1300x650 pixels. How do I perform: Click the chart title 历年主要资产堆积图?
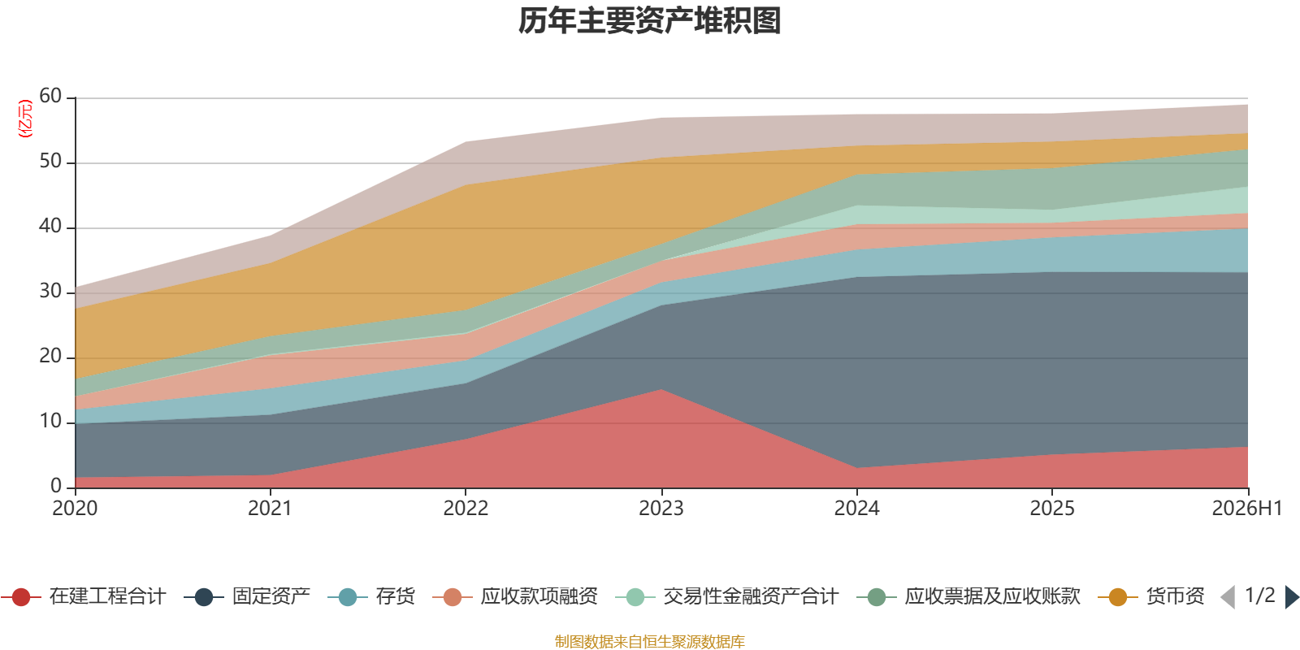pos(649,21)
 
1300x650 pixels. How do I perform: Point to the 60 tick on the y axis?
pos(50,96)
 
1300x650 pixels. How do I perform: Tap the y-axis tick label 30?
pos(50,291)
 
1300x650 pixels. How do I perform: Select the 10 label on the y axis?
pos(50,421)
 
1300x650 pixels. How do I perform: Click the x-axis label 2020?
pos(75,509)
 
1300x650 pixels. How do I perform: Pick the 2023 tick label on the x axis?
pos(661,509)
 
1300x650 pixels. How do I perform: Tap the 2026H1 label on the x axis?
pos(1247,509)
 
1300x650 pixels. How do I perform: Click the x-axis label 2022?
pos(466,509)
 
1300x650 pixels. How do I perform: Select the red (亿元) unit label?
pos(25,119)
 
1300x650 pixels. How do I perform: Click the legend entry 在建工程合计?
pos(84,596)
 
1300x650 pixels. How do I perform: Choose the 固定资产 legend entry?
pos(247,596)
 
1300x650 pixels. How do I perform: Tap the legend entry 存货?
pos(371,596)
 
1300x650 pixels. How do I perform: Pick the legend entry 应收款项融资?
pos(515,596)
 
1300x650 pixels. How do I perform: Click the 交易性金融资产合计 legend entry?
pos(727,596)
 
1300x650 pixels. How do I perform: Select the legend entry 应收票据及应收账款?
pos(968,596)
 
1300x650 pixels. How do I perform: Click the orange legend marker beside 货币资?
pos(1118,596)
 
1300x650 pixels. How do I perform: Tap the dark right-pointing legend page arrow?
pos(1292,596)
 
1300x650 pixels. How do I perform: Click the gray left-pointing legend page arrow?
pos(1228,596)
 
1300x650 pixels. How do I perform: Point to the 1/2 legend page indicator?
pos(1260,596)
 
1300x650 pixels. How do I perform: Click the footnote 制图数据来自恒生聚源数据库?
pos(649,641)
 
